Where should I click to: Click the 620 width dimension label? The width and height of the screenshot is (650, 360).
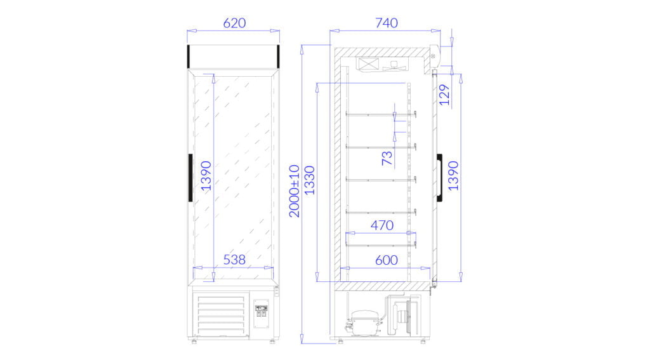[234, 23]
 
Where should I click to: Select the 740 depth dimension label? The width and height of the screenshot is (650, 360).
[387, 23]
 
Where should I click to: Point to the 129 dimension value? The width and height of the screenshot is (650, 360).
[444, 95]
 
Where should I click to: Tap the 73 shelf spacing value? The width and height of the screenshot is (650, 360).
[387, 158]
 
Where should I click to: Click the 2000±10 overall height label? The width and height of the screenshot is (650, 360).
[295, 191]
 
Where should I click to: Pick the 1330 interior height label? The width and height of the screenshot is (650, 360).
[310, 180]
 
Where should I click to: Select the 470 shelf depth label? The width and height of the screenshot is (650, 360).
[381, 225]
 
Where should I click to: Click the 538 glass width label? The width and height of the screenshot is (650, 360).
[234, 260]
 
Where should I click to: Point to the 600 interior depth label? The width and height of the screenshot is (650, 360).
[387, 260]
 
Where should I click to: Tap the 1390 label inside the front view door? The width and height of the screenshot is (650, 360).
[206, 176]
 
